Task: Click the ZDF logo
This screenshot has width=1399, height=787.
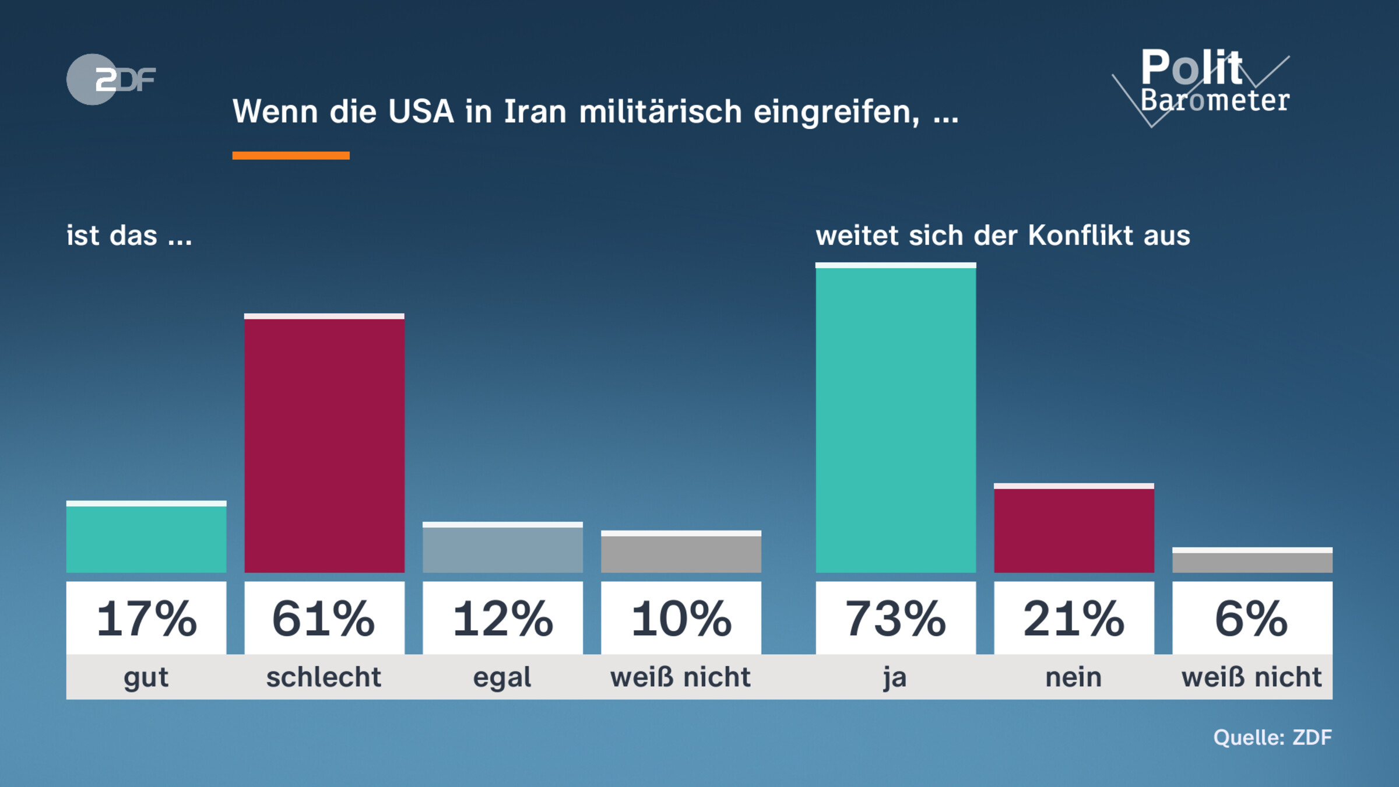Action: (x=111, y=79)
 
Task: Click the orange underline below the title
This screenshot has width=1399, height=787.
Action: (x=291, y=155)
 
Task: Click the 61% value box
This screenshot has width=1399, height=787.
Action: (x=324, y=618)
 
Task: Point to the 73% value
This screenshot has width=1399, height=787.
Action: (x=895, y=618)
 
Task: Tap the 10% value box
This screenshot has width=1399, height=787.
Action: (x=681, y=618)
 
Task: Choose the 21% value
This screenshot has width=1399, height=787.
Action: (x=1074, y=618)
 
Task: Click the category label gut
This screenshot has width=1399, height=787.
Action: (x=146, y=677)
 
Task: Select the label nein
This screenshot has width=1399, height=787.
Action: (x=1074, y=677)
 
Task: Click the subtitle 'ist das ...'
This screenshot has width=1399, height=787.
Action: (x=129, y=236)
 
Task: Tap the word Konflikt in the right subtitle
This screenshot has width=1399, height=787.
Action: (x=1080, y=236)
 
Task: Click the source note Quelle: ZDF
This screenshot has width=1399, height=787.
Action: (x=1273, y=737)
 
